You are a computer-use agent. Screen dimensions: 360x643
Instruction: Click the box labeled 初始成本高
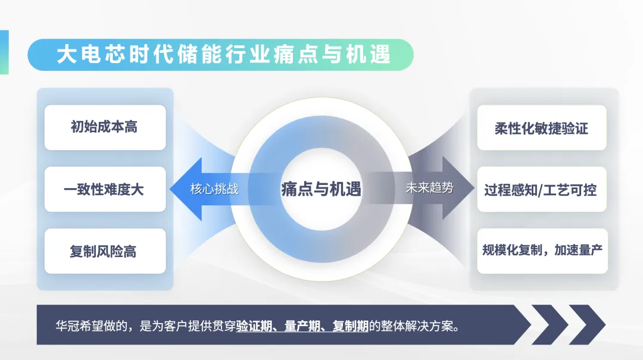pyautogui.click(x=105, y=127)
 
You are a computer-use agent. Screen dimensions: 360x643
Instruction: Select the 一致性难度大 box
pyautogui.click(x=105, y=190)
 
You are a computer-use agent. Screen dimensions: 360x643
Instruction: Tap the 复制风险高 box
pyautogui.click(x=105, y=251)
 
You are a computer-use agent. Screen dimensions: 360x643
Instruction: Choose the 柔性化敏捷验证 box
pyautogui.click(x=541, y=128)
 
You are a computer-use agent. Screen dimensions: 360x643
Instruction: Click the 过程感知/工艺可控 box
pyautogui.click(x=541, y=190)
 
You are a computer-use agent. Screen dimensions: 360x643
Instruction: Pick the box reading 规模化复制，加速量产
pyautogui.click(x=541, y=251)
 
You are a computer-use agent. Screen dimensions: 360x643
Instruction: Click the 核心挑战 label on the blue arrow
pyautogui.click(x=215, y=189)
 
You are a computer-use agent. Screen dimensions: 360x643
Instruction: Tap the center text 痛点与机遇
pyautogui.click(x=321, y=189)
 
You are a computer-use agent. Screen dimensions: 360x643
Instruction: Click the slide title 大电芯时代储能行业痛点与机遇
pyautogui.click(x=224, y=54)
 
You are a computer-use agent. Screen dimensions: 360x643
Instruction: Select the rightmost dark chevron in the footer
pyautogui.click(x=586, y=325)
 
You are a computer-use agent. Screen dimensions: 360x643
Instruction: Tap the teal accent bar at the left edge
pyautogui.click(x=4, y=52)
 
